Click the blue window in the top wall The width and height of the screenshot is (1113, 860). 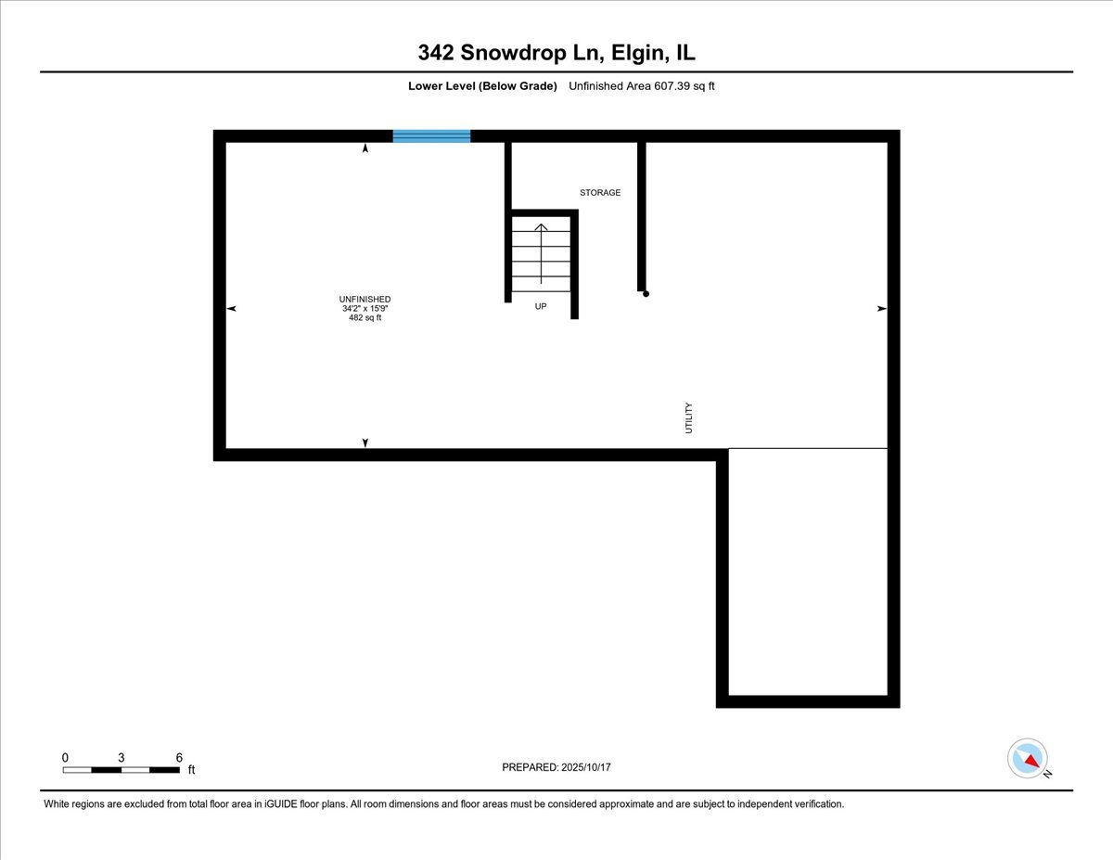coord(431,136)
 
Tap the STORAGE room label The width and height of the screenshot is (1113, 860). coord(600,193)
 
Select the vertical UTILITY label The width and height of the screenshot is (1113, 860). coord(688,417)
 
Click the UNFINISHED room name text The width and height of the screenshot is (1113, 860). coord(365,299)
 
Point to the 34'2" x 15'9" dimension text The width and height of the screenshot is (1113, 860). coord(365,308)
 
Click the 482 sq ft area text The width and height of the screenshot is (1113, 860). coord(365,317)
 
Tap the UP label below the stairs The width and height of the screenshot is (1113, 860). coord(541,305)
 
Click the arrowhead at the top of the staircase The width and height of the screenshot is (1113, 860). coord(541,226)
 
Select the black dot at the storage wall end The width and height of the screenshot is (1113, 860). coord(646,294)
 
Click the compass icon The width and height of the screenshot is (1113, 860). coord(1028,758)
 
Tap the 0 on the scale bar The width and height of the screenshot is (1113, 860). coord(65,757)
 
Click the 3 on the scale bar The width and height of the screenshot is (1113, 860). coord(122,757)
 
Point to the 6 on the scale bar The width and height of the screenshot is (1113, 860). coord(179,757)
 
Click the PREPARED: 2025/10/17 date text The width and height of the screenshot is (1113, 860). coord(556,767)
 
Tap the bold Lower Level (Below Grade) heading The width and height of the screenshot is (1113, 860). coord(482,86)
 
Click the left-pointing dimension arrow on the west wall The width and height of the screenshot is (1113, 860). coord(231,308)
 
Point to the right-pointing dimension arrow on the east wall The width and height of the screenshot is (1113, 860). coord(882,308)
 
